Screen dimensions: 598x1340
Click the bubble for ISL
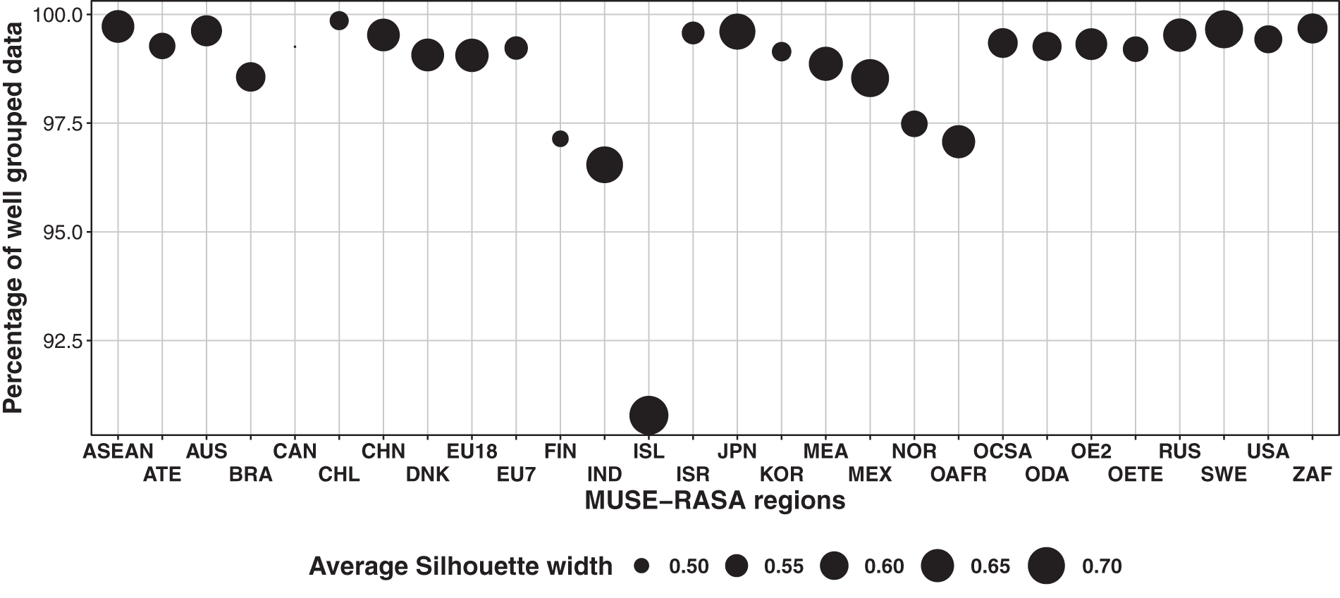tap(649, 416)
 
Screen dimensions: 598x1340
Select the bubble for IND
tap(604, 165)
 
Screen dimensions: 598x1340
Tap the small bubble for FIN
tap(560, 139)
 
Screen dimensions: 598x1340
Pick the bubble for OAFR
tap(959, 142)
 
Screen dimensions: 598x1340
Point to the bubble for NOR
tap(914, 124)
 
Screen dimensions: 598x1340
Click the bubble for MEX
tap(870, 78)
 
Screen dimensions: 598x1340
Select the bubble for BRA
tap(250, 77)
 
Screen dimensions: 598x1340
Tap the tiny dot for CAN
tap(295, 46)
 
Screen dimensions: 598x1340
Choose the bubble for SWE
tap(1224, 30)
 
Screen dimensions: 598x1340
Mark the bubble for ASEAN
tap(118, 27)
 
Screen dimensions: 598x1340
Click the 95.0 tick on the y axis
tap(63, 232)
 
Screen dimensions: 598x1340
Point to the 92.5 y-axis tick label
tap(63, 341)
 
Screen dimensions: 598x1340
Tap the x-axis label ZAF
tap(1312, 474)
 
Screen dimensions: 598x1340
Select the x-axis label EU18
tap(472, 451)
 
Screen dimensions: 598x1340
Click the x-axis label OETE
tap(1135, 474)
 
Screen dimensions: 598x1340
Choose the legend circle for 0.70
tap(1046, 566)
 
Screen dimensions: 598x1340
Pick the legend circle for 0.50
tap(641, 566)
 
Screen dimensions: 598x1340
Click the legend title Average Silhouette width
tap(460, 566)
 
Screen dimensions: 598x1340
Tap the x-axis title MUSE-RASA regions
tap(715, 500)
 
